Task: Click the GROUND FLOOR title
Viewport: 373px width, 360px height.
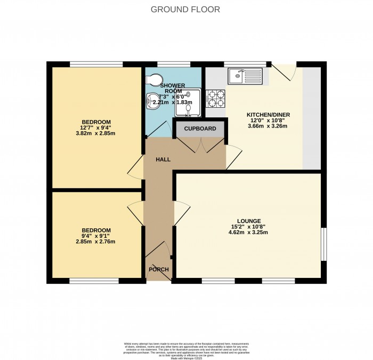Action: pos(185,10)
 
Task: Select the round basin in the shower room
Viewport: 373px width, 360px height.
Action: pos(153,102)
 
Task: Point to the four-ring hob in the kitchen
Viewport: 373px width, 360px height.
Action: pos(216,97)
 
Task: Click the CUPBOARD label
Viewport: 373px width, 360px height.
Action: pos(200,129)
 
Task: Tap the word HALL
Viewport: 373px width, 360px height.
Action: pos(163,159)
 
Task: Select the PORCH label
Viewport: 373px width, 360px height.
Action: pos(159,269)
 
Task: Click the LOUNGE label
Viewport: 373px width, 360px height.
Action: pos(249,221)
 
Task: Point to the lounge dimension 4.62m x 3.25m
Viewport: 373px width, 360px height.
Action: pos(249,233)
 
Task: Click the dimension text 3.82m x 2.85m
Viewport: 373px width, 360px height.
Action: pos(96,133)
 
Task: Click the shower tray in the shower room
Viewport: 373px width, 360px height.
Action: pos(189,102)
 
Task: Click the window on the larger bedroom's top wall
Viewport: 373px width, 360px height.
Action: pos(96,65)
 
